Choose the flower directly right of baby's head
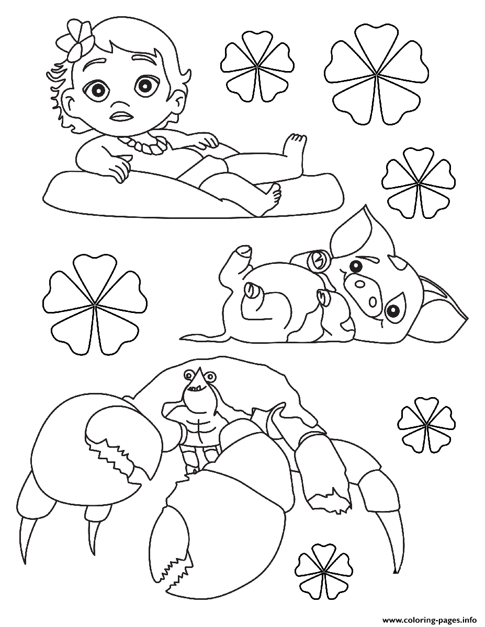[x=256, y=68]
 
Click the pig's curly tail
[x=204, y=335]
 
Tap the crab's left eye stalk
[x=189, y=374]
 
